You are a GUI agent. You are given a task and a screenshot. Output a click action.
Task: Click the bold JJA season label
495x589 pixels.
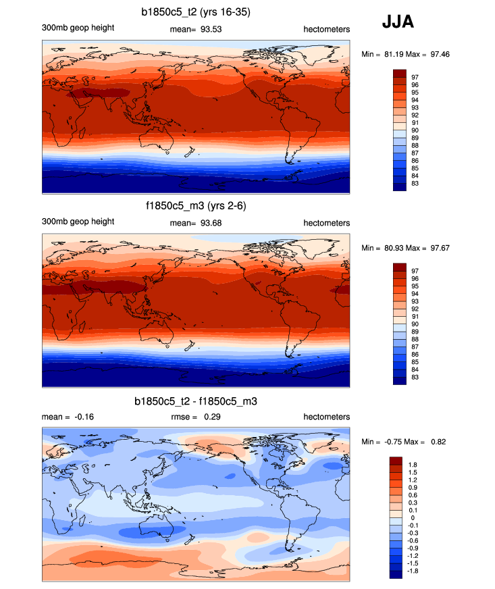pyautogui.click(x=398, y=22)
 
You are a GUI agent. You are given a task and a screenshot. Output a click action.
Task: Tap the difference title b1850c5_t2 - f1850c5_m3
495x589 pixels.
pyautogui.click(x=196, y=402)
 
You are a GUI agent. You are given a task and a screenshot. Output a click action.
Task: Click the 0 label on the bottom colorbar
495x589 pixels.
pyautogui.click(x=413, y=517)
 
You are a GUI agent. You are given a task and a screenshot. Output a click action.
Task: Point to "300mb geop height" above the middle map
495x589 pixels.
pyautogui.click(x=78, y=222)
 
